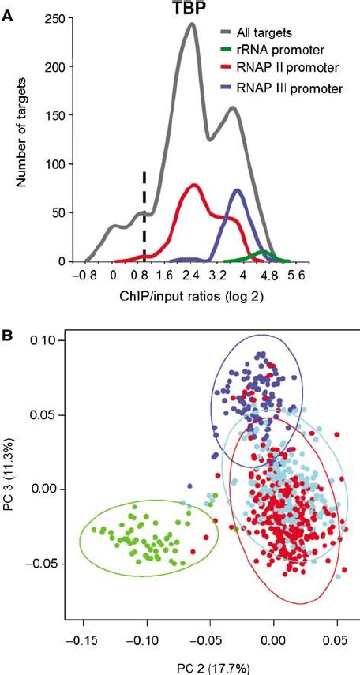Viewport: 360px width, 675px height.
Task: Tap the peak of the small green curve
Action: (x=264, y=253)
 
